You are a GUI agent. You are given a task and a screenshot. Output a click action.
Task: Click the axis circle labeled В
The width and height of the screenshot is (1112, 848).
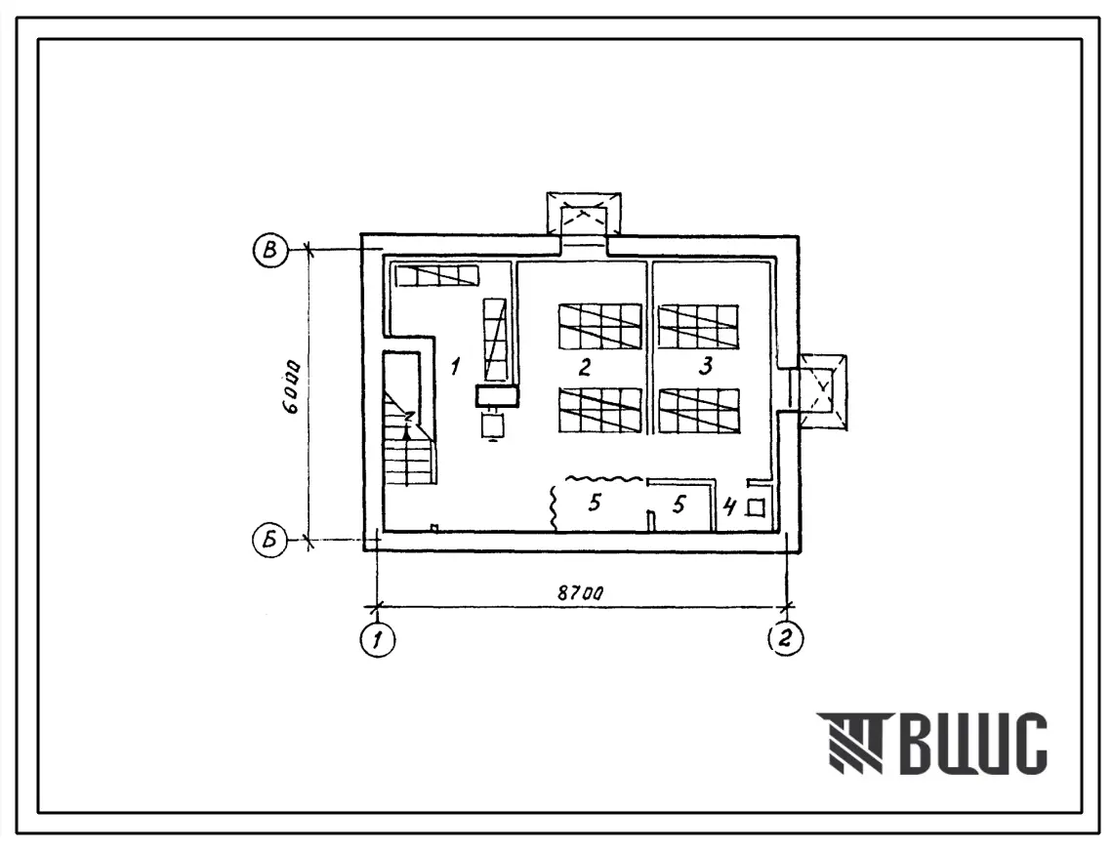270,250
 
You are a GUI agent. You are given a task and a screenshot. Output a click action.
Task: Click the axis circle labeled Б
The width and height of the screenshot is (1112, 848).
270,541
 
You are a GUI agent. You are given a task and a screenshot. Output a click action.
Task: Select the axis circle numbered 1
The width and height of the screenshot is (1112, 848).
378,639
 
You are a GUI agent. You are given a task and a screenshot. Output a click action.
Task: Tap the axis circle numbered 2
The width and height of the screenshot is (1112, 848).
785,639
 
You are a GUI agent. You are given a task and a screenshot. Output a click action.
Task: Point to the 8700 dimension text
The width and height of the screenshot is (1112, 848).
580,592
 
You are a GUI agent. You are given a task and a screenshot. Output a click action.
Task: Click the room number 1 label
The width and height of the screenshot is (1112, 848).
455,367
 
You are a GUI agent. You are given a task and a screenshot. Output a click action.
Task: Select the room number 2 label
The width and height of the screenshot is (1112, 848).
585,367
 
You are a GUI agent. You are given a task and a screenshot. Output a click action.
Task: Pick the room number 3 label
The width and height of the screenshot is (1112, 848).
706,366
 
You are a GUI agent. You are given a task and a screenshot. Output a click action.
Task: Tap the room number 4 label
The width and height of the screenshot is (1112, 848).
729,507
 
